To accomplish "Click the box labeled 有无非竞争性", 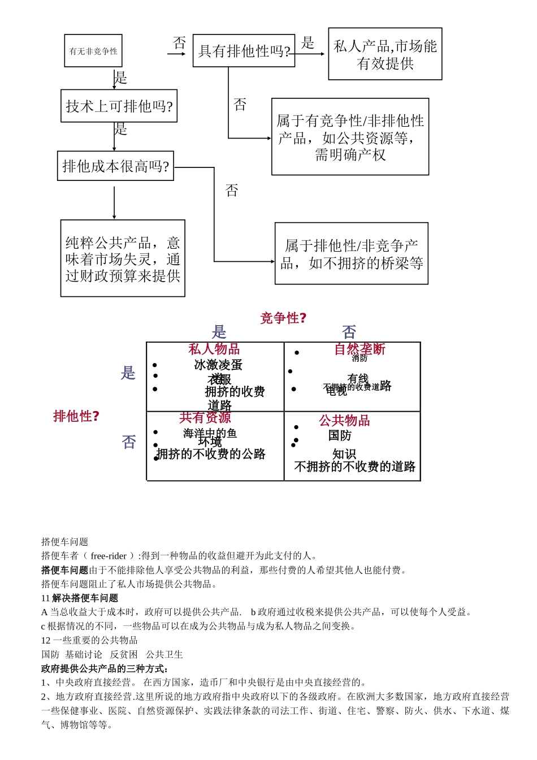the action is pos(93,51).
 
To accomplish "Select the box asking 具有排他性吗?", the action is pos(244,51).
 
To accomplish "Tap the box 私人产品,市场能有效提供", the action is pos(385,54).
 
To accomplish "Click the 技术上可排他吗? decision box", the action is pos(119,106).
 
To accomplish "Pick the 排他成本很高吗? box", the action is pos(115,166).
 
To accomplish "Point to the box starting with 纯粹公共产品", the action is pos(123,258).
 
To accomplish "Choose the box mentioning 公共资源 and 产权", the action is pos(350,137).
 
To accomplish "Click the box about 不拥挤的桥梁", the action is pos(351,254).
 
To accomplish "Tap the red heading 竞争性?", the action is pos(283,318).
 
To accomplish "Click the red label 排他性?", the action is pos(76,416).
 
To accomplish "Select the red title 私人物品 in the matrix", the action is pos(214,349).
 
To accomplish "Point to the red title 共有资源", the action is pos(205,417).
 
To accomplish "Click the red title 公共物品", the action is pos(344,420).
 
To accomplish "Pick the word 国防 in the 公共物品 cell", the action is pos(340,435).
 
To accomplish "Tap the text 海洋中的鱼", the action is pos(210,433).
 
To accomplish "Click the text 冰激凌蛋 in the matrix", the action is pos(218,365).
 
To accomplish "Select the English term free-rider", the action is pos(109,556).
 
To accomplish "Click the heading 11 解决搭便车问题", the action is pos(80,598).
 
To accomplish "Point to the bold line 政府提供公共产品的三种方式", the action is pos(105,668).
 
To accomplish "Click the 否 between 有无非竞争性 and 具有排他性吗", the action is pos(180,42).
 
